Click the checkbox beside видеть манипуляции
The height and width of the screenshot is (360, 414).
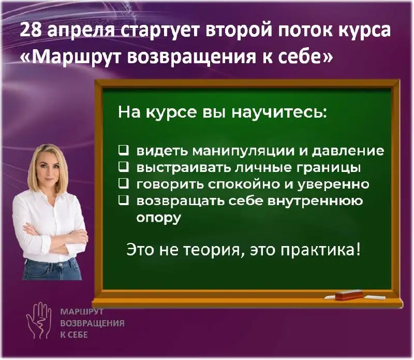pos(123,152)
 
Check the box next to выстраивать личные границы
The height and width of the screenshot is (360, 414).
pos(123,167)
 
